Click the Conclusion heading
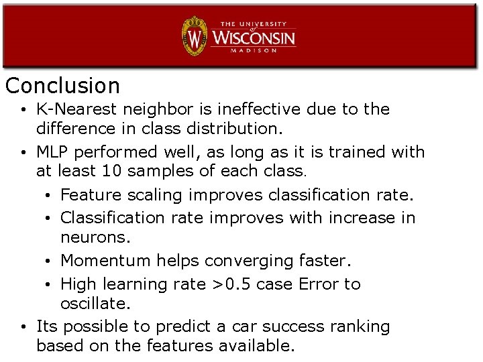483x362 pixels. [62, 86]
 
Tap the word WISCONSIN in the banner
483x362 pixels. [254, 37]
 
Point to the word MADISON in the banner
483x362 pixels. [254, 50]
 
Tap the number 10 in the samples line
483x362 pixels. [113, 171]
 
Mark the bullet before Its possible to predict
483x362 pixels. [23, 327]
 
